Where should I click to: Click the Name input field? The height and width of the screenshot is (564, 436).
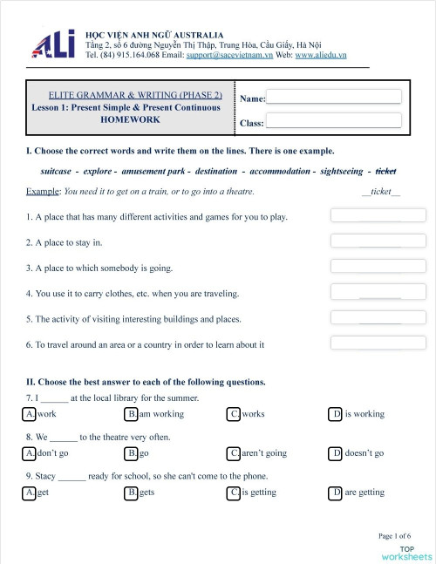pyautogui.click(x=334, y=97)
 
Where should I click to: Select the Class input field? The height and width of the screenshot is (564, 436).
pyautogui.click(x=334, y=120)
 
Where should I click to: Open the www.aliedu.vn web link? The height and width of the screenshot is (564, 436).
pyautogui.click(x=321, y=54)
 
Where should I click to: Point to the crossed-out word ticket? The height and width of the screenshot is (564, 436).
pyautogui.click(x=385, y=171)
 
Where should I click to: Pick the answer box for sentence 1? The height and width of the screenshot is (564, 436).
pyautogui.click(x=378, y=215)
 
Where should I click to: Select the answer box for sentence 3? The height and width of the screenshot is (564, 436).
pyautogui.click(x=378, y=266)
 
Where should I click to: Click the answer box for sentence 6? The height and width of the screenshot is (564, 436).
pyautogui.click(x=378, y=343)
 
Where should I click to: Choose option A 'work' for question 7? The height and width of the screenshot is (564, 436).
pyautogui.click(x=31, y=414)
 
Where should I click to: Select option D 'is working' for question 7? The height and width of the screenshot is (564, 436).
pyautogui.click(x=336, y=414)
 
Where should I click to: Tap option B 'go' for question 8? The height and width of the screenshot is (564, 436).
pyautogui.click(x=132, y=453)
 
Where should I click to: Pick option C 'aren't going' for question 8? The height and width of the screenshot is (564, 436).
pyautogui.click(x=234, y=453)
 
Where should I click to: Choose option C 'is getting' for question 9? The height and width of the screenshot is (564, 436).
pyautogui.click(x=234, y=493)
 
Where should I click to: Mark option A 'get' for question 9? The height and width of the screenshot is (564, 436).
pyautogui.click(x=31, y=493)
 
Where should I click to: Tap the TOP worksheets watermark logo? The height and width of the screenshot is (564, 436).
pyautogui.click(x=406, y=552)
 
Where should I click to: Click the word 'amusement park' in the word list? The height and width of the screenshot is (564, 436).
pyautogui.click(x=154, y=171)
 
